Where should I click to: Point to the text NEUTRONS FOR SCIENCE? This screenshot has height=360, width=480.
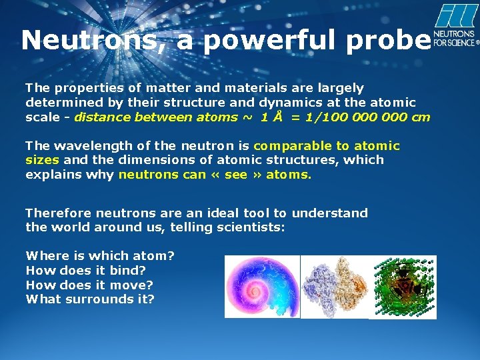click(455, 38)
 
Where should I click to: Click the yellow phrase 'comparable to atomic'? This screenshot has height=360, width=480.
click(327, 145)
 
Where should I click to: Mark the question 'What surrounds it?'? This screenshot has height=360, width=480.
click(90, 299)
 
